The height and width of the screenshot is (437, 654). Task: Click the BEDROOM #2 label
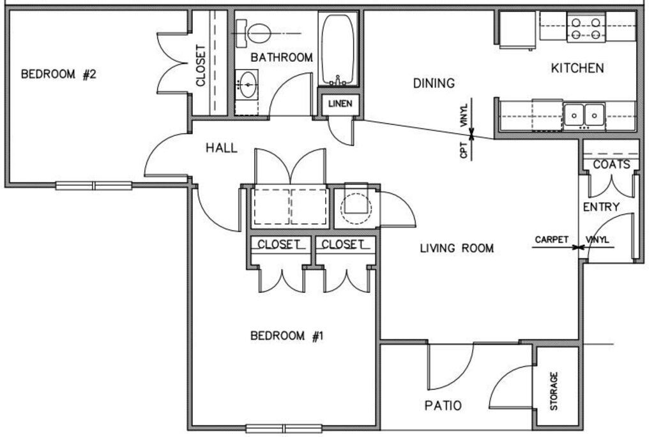click(58, 75)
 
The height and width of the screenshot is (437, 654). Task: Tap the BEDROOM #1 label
click(287, 336)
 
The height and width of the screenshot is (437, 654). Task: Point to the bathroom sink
click(248, 84)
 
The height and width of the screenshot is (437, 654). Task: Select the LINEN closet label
click(340, 104)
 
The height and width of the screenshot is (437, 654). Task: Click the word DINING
click(434, 83)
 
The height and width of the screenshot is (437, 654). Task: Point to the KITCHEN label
click(577, 68)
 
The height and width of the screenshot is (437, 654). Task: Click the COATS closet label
click(611, 165)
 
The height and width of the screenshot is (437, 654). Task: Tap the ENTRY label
click(601, 207)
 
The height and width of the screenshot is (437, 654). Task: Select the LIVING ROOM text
click(456, 248)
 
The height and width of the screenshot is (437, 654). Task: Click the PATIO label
click(443, 405)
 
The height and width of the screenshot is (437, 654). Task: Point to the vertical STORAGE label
click(554, 390)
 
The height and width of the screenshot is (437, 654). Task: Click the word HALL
click(222, 149)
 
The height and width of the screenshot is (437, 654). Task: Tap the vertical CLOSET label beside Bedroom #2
click(201, 65)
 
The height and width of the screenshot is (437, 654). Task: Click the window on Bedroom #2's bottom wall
click(94, 186)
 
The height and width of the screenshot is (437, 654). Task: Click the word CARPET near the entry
click(551, 240)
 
